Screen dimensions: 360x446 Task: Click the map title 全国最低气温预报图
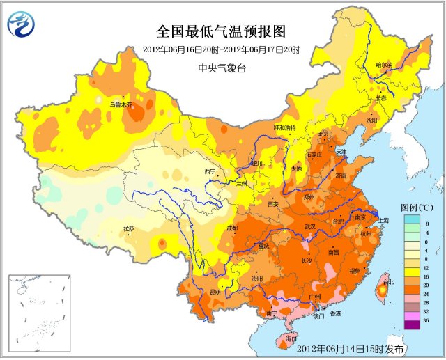(221, 32)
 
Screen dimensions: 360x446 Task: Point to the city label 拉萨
(129, 229)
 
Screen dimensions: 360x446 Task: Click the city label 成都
(231, 228)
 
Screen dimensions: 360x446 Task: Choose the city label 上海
(383, 220)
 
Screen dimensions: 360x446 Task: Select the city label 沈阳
(371, 120)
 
